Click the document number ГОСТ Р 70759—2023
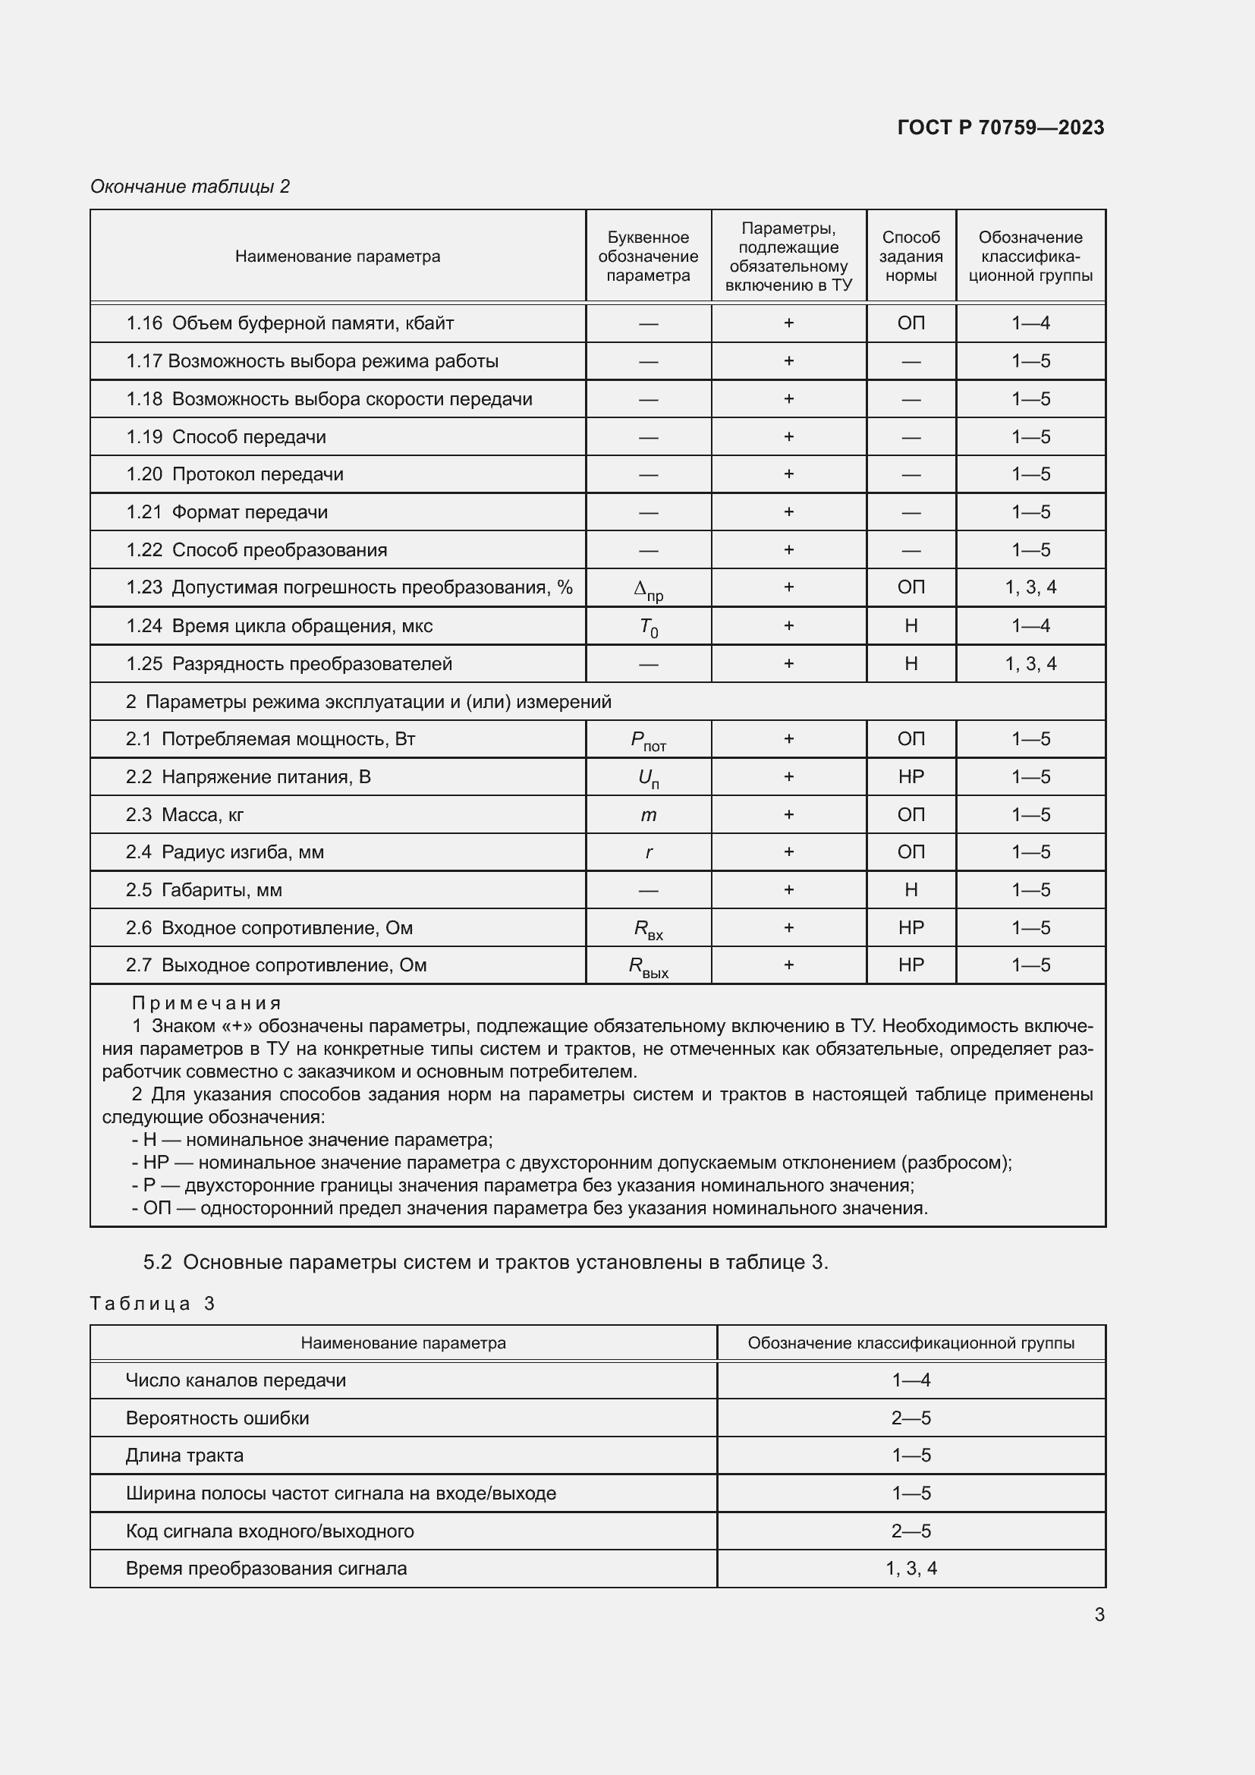[1000, 127]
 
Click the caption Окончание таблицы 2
[190, 187]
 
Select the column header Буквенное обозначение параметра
[647, 256]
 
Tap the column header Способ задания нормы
[911, 256]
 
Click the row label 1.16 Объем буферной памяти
[290, 323]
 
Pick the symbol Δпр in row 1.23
[647, 590]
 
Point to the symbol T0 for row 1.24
[647, 627]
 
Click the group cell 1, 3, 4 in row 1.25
[1030, 663]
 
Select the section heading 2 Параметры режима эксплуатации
[368, 702]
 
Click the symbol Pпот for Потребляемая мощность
[647, 741]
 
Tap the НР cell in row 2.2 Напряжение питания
[911, 777]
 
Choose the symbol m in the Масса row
[647, 815]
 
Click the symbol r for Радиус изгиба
[647, 852]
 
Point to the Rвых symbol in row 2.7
[647, 966]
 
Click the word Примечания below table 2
[206, 1003]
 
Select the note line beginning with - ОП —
[530, 1208]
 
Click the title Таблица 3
[153, 1304]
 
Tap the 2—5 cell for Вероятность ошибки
[911, 1418]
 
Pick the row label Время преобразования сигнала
[266, 1569]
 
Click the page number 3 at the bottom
[1099, 1614]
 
